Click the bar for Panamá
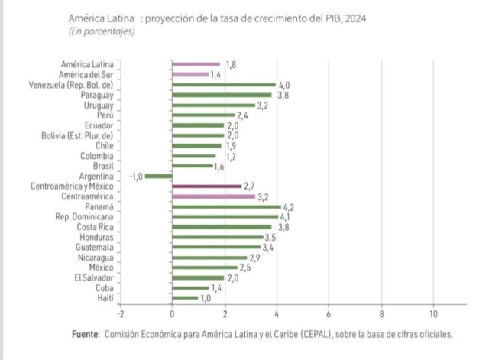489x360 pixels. tap(226, 206)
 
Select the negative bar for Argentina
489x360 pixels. tap(159, 176)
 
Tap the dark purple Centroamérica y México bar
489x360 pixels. tap(206, 186)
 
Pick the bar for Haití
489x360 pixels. tap(185, 298)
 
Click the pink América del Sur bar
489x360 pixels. tap(190, 75)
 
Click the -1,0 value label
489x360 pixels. tap(136, 176)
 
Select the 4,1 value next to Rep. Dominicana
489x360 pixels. tap(288, 217)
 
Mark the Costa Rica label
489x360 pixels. tap(96, 227)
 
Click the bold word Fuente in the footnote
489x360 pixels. tap(86, 335)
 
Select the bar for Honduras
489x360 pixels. tap(218, 237)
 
